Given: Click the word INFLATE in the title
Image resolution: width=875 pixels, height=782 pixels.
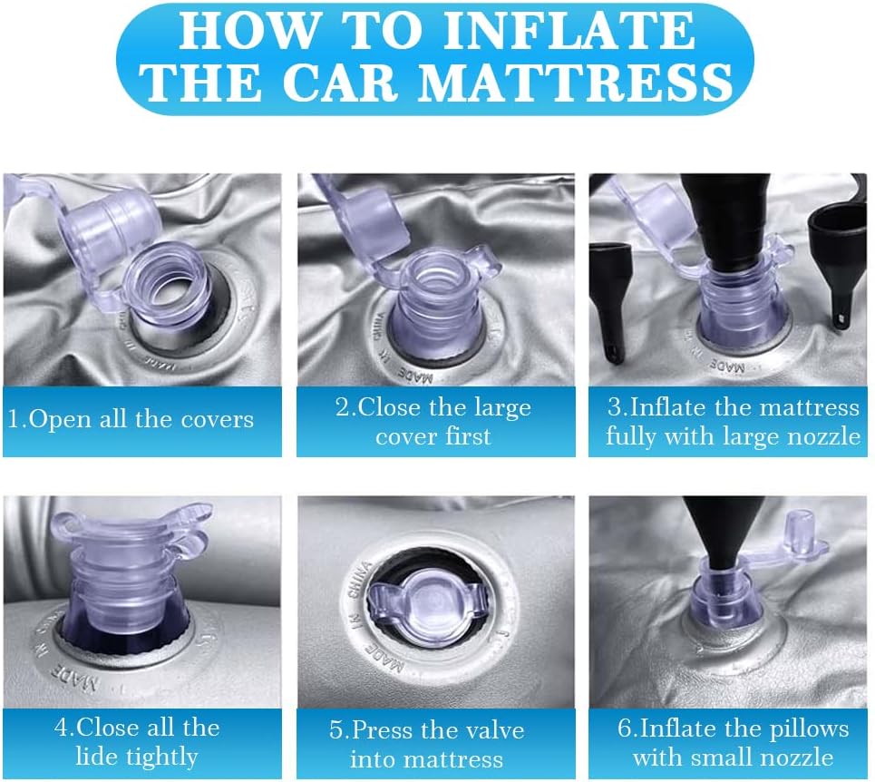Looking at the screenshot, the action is click(x=569, y=32).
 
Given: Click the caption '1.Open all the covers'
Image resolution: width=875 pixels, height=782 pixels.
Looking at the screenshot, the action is click(x=131, y=419).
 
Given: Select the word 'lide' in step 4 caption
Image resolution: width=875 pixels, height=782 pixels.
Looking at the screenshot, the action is click(x=97, y=756).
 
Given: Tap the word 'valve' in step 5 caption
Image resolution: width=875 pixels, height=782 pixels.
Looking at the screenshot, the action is click(x=493, y=730).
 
